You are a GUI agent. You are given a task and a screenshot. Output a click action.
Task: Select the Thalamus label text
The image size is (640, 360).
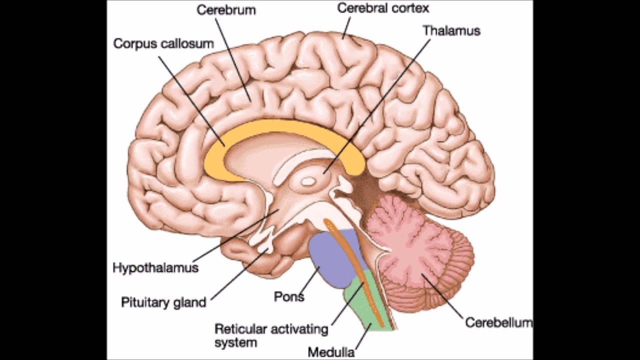pos(451,31)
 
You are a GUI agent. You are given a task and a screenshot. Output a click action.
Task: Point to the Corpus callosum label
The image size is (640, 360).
pos(163,44)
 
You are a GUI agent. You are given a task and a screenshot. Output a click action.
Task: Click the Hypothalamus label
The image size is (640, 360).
pos(155,268)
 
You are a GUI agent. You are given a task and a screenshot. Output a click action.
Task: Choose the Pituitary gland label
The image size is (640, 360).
pos(163,302)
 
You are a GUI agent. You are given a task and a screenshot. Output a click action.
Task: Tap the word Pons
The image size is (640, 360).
pos(289,296)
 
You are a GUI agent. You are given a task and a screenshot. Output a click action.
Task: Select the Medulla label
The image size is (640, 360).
pos(331,352)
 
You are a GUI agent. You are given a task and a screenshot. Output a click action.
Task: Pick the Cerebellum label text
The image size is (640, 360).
pos(498,322)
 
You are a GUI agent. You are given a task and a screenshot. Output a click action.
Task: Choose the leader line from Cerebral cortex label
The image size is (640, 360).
pos(346,27)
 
